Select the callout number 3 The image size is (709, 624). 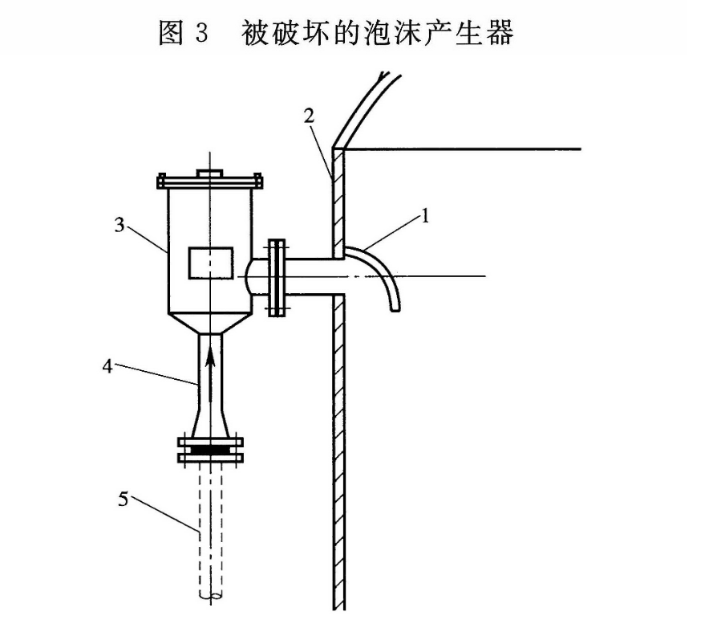tap(120, 226)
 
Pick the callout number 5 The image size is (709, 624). tap(123, 500)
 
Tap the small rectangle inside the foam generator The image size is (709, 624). tap(210, 263)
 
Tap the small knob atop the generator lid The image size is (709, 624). tap(209, 173)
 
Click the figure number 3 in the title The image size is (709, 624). tap(201, 33)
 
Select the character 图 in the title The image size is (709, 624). tap(171, 33)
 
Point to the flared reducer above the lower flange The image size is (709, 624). tap(210, 418)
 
